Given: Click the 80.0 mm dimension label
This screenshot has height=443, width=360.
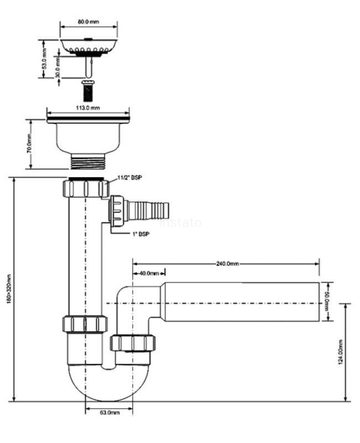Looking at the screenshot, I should tap(89, 22).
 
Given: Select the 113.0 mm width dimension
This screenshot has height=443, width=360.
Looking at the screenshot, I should tap(87, 108).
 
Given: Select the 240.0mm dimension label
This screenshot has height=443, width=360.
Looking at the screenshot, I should tap(227, 263).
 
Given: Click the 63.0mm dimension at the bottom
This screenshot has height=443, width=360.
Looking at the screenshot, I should tap(109, 412).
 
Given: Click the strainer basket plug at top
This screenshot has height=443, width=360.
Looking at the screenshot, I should tap(88, 45).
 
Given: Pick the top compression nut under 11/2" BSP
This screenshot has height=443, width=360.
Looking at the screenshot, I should tap(84, 189).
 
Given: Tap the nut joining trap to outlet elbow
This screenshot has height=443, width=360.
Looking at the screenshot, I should tap(132, 342).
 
